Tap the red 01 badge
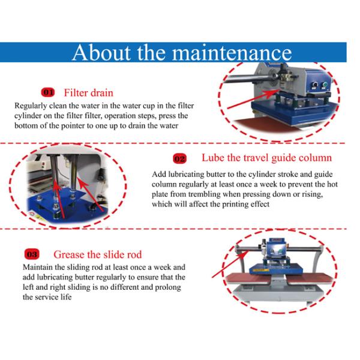(48, 92)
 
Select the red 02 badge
(180, 158)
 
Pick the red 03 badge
(32, 254)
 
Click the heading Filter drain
(89, 93)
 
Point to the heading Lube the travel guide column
(267, 158)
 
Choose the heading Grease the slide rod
(98, 254)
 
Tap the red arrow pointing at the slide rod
(230, 264)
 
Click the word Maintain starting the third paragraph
(38, 267)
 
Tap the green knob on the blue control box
(325, 85)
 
